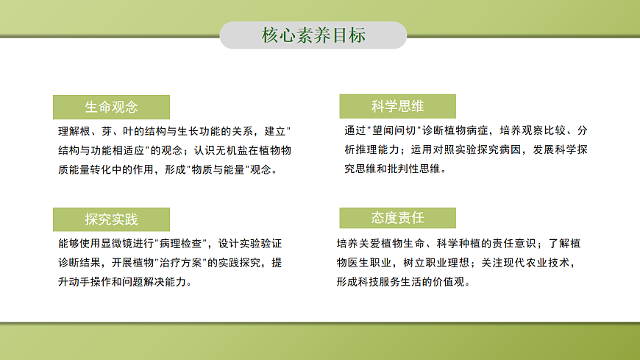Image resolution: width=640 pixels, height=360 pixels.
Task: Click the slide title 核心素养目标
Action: pyautogui.click(x=313, y=35)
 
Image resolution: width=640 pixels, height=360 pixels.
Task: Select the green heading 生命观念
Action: pyautogui.click(x=111, y=107)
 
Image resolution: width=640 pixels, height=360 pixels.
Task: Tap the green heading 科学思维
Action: pyautogui.click(x=397, y=106)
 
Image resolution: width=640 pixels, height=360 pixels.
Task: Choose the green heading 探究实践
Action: pyautogui.click(x=111, y=219)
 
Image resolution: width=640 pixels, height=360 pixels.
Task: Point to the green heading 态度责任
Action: pyautogui.click(x=397, y=218)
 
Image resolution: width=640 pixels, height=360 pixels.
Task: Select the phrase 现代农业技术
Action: pyautogui.click(x=536, y=262)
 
